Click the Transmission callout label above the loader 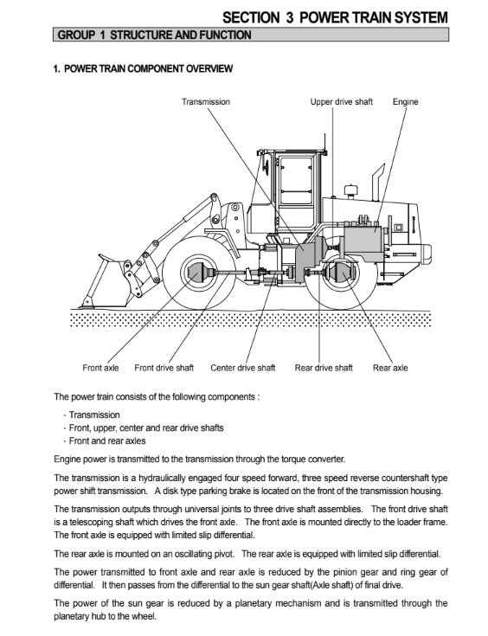(x=206, y=102)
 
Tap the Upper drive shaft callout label (x=341, y=102)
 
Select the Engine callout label (x=405, y=102)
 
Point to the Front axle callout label (x=100, y=368)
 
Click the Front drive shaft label (x=164, y=368)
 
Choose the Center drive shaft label (x=242, y=368)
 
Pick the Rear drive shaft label (x=324, y=368)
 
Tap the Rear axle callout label (x=390, y=368)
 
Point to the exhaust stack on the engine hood (x=378, y=182)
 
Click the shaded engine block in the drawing (x=363, y=242)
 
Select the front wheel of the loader (x=198, y=273)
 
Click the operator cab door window (x=296, y=180)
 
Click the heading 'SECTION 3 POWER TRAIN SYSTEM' (x=335, y=17)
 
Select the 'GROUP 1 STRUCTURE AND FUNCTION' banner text (x=154, y=35)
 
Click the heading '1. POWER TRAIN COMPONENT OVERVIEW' (x=143, y=68)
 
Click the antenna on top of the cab (x=324, y=143)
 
